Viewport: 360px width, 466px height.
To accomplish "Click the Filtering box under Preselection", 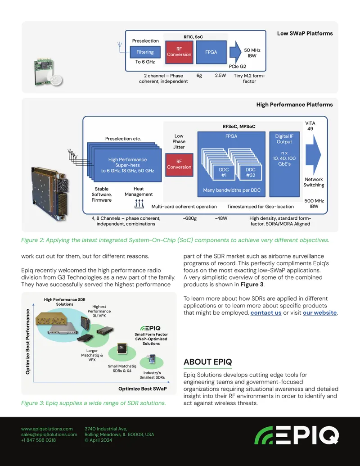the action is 145,52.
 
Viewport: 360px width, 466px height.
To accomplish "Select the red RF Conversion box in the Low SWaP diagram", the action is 179,52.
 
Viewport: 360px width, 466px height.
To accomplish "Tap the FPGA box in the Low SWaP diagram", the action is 211,52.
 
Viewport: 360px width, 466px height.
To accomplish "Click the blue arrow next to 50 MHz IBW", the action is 235,52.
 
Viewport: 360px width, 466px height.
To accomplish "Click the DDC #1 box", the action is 224,172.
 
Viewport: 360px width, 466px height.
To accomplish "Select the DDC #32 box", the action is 250,172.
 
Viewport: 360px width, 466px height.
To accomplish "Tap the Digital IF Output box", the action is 284,164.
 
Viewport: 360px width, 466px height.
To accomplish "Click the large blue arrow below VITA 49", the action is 313,154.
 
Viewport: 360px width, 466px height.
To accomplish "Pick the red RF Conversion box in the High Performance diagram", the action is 179,165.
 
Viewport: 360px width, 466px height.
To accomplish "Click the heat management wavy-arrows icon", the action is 139,204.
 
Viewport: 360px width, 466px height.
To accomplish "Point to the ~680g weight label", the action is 189,218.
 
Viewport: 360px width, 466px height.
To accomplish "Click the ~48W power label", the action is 221,218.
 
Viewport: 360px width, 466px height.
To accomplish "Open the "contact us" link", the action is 266,312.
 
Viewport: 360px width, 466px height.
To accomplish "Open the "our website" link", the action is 319,312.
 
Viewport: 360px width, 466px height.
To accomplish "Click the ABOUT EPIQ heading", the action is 207,362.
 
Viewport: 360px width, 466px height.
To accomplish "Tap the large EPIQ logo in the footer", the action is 297,435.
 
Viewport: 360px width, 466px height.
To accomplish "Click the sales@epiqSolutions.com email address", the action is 49,434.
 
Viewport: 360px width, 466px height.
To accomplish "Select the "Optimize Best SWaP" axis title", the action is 143,389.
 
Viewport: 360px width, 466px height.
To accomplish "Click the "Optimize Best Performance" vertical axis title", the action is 27,342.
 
